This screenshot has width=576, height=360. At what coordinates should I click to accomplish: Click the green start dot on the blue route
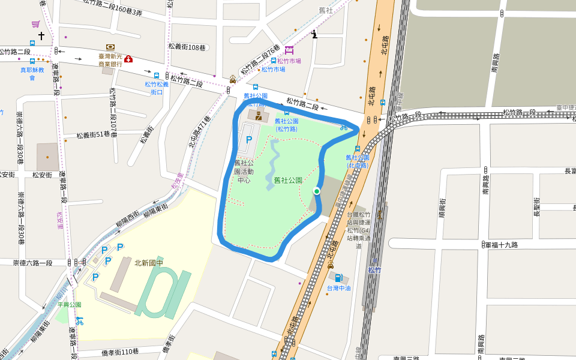[316, 191]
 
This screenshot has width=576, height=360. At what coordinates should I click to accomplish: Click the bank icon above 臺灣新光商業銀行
[110, 47]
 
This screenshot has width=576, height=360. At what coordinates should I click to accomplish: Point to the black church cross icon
[41, 37]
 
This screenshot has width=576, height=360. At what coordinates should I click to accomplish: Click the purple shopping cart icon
[35, 24]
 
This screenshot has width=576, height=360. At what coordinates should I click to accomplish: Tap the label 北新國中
[148, 263]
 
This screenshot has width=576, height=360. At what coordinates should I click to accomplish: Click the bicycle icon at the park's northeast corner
[344, 127]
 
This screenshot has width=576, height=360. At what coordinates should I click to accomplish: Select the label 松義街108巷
[187, 47]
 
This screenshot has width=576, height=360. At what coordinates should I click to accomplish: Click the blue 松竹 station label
[374, 271]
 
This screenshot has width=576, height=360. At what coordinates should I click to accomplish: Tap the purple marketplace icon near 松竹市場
[290, 50]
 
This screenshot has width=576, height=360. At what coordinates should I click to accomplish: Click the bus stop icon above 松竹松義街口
[157, 76]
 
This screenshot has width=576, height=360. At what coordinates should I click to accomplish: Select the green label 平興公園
[69, 305]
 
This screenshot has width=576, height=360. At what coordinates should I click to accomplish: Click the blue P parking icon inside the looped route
[248, 140]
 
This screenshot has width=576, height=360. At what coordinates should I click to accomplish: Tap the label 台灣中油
[338, 288]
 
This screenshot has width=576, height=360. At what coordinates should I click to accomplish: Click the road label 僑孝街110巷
[120, 352]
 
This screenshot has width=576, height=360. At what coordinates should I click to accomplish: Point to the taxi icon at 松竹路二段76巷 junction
[233, 79]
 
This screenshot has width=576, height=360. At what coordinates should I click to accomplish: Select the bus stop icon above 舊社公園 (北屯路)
[358, 149]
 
